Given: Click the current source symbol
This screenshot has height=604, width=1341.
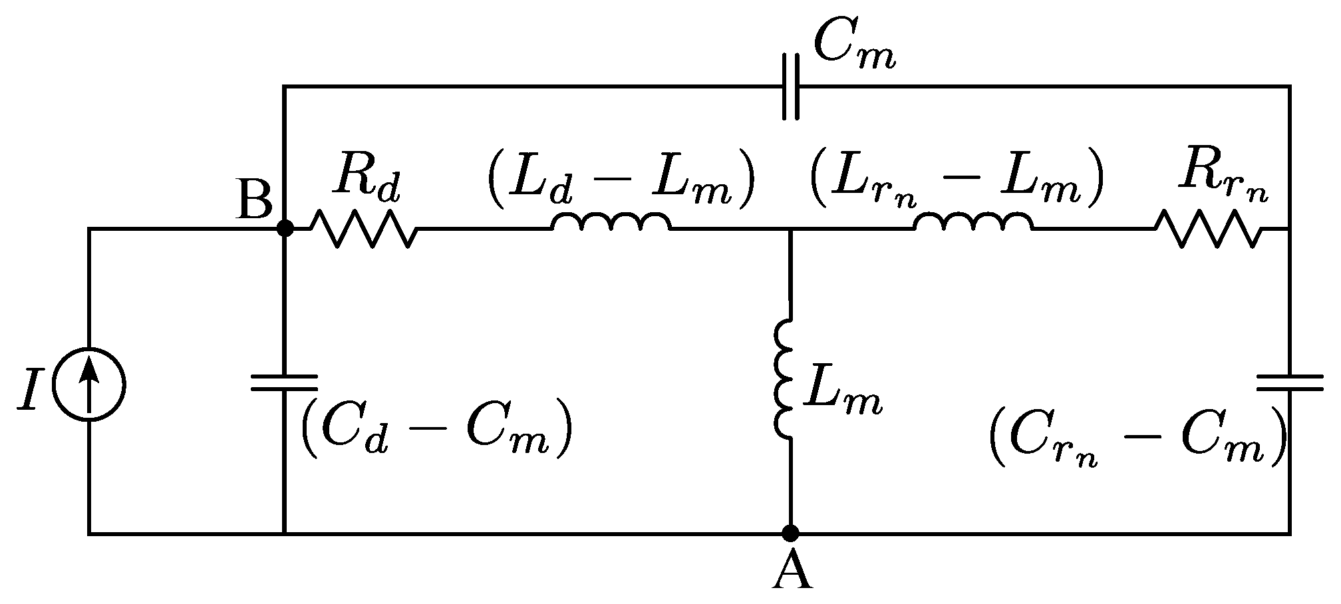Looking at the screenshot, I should click(89, 385).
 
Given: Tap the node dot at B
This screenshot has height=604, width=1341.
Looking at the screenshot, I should click(285, 229).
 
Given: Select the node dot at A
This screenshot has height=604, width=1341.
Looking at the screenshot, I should click(790, 533).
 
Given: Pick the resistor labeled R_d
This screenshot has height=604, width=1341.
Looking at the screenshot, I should click(365, 229).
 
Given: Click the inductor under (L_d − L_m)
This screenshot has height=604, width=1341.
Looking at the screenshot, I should click(611, 224).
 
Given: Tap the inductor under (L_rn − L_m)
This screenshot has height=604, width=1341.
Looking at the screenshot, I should click(974, 224).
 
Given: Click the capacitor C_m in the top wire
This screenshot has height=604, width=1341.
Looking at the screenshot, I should click(791, 86).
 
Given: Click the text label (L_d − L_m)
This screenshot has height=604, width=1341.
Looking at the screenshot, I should click(621, 181).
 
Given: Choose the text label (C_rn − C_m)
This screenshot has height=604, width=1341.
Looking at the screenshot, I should click(1136, 439).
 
